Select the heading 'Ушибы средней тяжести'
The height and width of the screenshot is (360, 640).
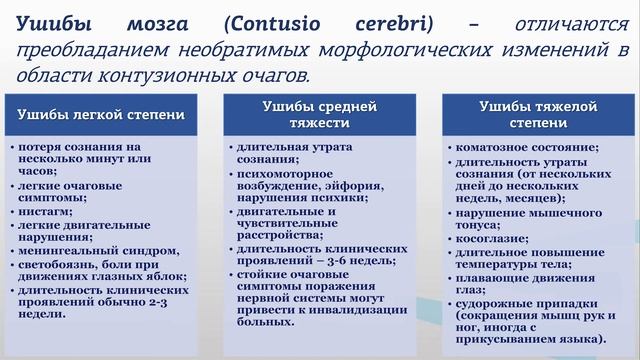pos(320,114)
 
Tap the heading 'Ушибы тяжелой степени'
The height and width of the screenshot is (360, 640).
pos(528,113)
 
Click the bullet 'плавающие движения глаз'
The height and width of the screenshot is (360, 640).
pos(520,283)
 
